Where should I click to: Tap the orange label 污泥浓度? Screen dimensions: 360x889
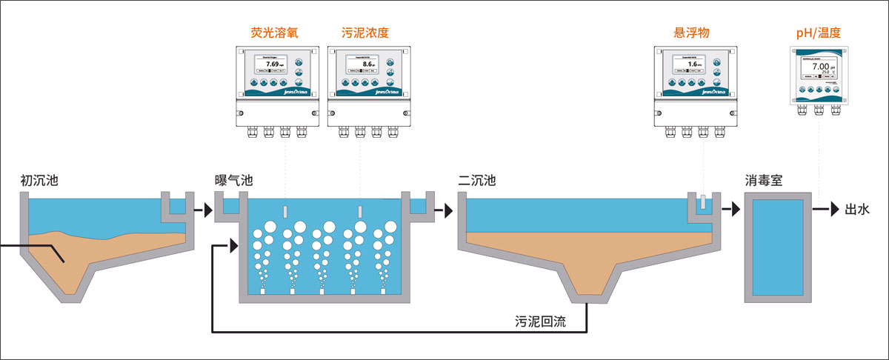click(x=365, y=33)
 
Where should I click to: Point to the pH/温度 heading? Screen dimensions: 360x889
click(x=818, y=33)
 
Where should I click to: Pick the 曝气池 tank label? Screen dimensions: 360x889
click(x=233, y=180)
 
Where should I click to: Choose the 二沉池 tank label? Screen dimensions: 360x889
click(x=476, y=180)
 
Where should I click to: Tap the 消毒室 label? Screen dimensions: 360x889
click(x=764, y=180)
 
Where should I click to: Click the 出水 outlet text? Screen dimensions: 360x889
click(x=857, y=210)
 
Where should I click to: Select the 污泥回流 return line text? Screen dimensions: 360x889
click(x=539, y=322)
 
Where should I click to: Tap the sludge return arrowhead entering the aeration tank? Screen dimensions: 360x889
click(x=234, y=244)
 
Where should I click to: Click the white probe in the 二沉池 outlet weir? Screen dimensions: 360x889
click(x=702, y=201)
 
